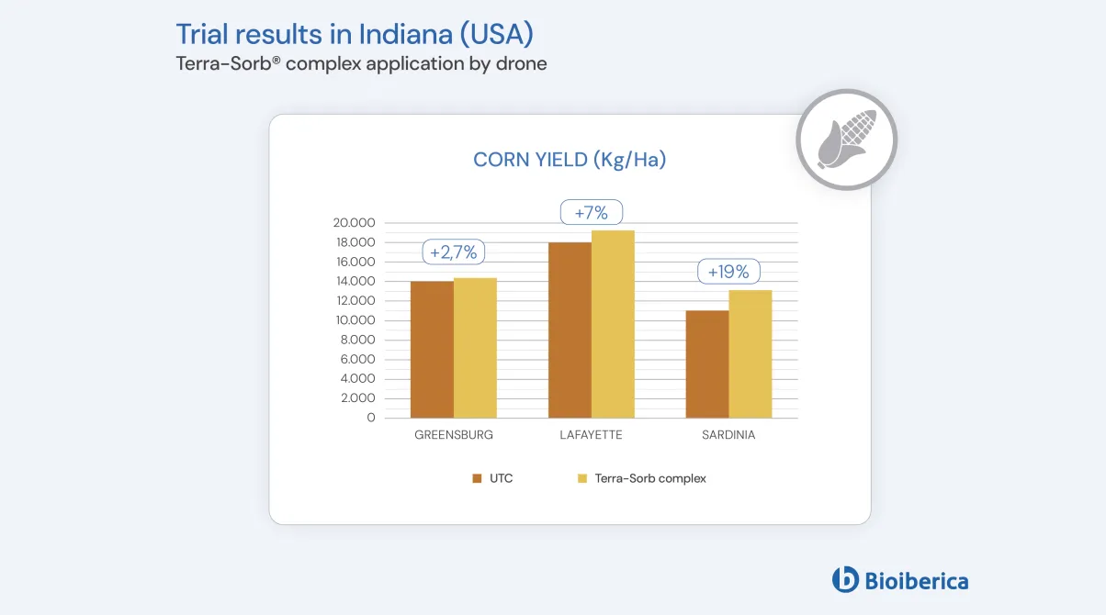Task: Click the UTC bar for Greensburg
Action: pyautogui.click(x=432, y=350)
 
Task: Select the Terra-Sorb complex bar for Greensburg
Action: pyautogui.click(x=475, y=348)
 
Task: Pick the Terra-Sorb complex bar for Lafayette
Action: pyautogui.click(x=613, y=324)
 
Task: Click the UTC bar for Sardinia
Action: pyautogui.click(x=707, y=364)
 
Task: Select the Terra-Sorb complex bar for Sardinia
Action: pyautogui.click(x=750, y=354)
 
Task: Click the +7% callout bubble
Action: pyautogui.click(x=592, y=213)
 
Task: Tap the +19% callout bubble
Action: pyautogui.click(x=728, y=272)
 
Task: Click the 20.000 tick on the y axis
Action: pyautogui.click(x=355, y=223)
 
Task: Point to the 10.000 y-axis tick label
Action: pyautogui.click(x=355, y=320)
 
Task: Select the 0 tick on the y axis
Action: pyautogui.click(x=371, y=418)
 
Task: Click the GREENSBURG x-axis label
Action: pyautogui.click(x=454, y=435)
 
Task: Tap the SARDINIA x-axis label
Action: pyautogui.click(x=728, y=435)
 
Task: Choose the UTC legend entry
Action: pyautogui.click(x=492, y=478)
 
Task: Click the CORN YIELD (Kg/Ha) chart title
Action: pyautogui.click(x=570, y=160)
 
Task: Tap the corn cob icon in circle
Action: pyautogui.click(x=846, y=140)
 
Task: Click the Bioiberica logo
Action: pyautogui.click(x=899, y=580)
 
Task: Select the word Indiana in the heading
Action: pyautogui.click(x=396, y=34)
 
